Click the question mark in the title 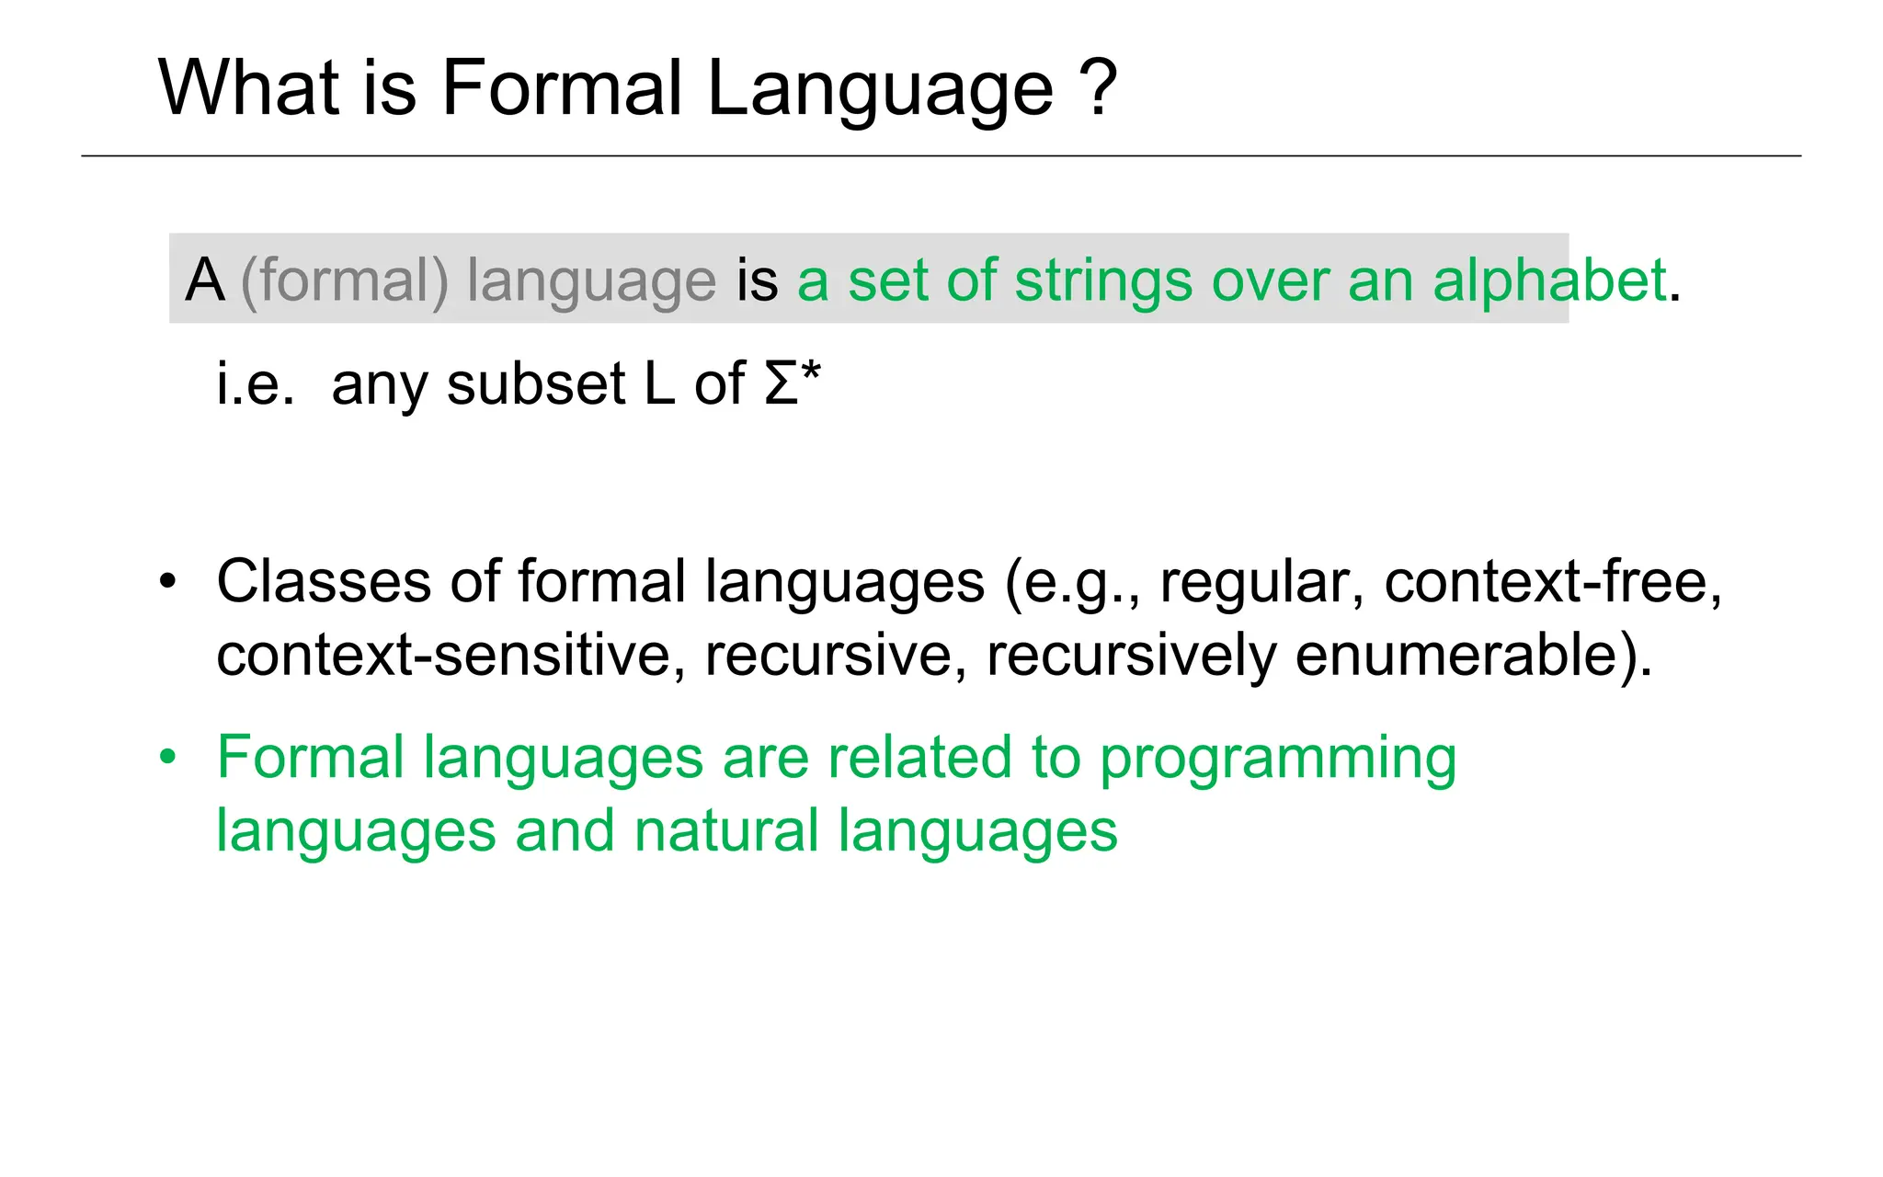1099,88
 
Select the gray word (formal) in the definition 344,280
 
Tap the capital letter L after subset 659,383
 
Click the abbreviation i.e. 256,383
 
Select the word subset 536,383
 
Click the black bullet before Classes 166,582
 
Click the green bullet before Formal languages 166,759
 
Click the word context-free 1553,582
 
